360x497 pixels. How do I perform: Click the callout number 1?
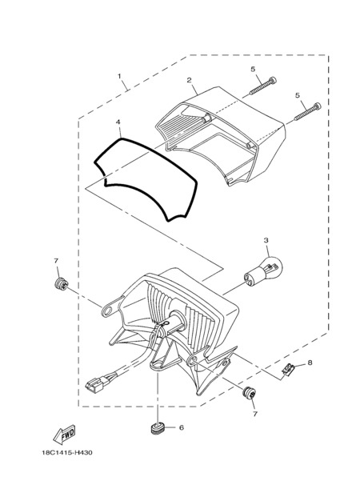coord(119,76)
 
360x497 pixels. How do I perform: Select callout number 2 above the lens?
coord(189,80)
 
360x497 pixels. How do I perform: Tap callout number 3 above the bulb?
coord(266,241)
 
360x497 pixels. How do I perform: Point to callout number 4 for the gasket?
coord(118,122)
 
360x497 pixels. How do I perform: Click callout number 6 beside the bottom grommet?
coord(182,427)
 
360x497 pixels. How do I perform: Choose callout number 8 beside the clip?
coord(310,363)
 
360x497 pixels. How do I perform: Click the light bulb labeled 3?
coord(262,274)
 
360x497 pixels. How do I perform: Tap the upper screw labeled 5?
coord(262,86)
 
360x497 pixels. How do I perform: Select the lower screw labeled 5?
coord(307,111)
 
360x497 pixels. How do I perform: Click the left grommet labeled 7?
coord(61,284)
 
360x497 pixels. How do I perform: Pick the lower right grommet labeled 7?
coord(250,394)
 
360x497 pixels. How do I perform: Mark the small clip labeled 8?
coord(288,370)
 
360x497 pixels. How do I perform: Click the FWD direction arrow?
coord(64,435)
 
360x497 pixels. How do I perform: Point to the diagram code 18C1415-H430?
coord(67,453)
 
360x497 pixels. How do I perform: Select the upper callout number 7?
coord(56,261)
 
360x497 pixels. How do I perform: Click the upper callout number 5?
coord(253,69)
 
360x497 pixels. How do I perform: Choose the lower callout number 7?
coord(254,414)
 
